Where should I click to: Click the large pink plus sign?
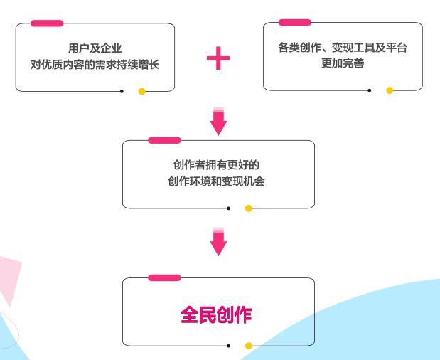218,58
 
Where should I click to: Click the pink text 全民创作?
216,314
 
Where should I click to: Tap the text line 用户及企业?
95,48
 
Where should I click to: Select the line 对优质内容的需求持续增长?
95,64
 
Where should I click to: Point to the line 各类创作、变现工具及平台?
343,48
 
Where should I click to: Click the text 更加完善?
343,64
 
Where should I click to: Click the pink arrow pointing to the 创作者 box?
218,122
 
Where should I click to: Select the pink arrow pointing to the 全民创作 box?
218,242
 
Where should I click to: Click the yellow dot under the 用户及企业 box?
141,91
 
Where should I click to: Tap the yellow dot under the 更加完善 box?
390,90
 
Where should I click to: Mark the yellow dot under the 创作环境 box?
249,208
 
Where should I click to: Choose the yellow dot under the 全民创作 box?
249,346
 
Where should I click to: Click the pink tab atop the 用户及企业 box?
47,23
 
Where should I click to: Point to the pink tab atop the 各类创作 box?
294,23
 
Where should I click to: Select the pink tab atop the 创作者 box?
164,140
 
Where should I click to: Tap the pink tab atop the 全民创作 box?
164,277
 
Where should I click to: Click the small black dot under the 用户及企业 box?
122,91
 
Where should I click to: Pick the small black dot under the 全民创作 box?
228,346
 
